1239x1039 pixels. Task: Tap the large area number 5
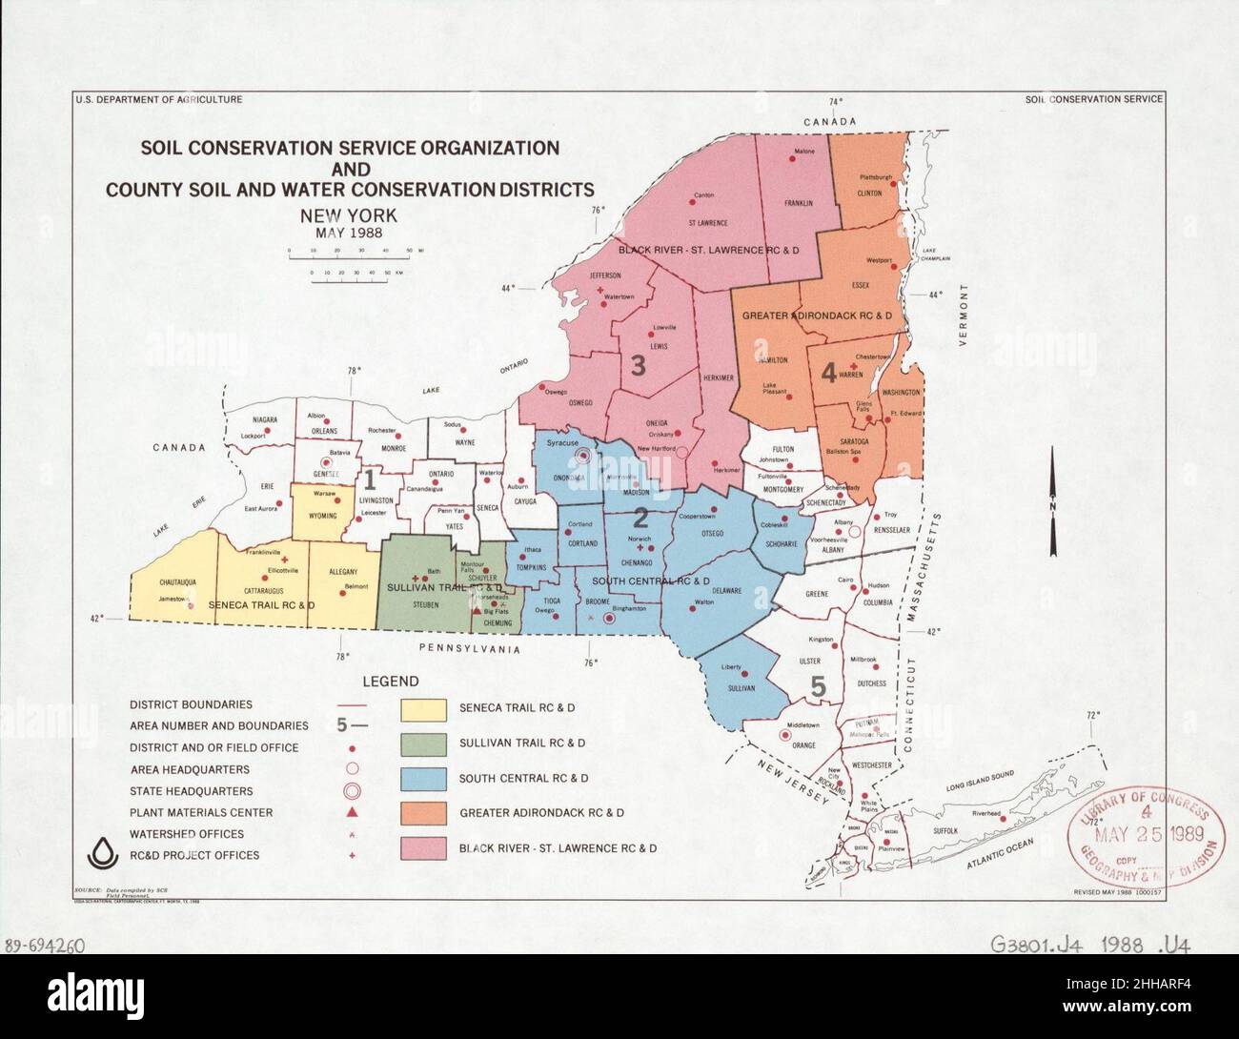point(818,685)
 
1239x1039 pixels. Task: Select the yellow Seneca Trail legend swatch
point(423,709)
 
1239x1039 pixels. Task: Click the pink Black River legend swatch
point(423,847)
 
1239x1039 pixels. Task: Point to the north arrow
point(1051,499)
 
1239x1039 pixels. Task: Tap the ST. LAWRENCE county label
point(707,223)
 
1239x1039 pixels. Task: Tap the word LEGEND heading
point(390,682)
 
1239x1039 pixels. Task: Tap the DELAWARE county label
point(725,591)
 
